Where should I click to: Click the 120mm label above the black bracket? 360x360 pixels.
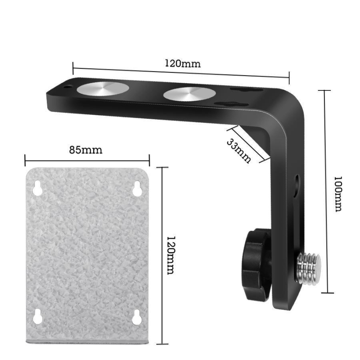point(183,63)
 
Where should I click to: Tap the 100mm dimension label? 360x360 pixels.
point(338,194)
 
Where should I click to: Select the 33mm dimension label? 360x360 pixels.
point(239,151)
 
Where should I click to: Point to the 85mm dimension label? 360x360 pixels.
point(85,150)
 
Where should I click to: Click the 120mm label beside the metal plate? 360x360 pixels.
point(171,256)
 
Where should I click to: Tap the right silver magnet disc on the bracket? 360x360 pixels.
point(189,94)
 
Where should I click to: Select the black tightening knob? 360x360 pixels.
point(256,264)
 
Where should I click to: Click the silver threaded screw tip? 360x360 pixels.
point(309,267)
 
